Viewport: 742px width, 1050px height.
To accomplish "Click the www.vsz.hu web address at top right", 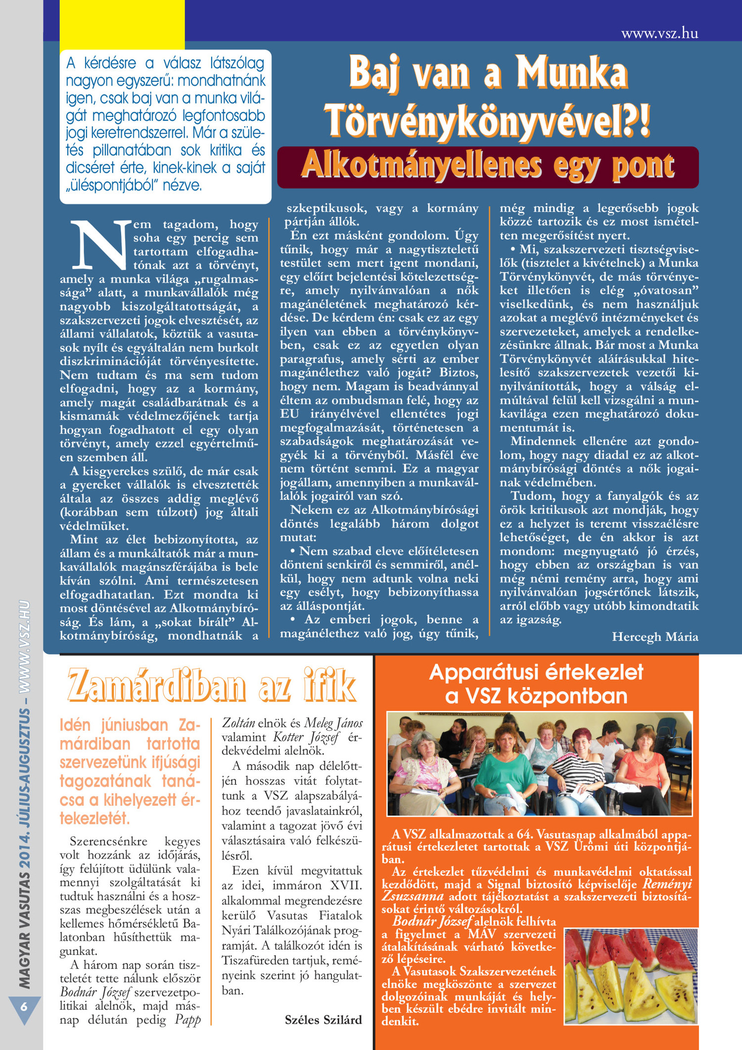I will coord(659,33).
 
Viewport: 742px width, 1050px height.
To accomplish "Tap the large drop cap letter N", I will coord(100,245).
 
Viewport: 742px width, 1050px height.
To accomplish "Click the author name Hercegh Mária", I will coord(655,637).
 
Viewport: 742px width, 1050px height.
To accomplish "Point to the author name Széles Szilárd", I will coord(323,1020).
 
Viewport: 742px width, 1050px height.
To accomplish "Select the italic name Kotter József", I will coord(306,737).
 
